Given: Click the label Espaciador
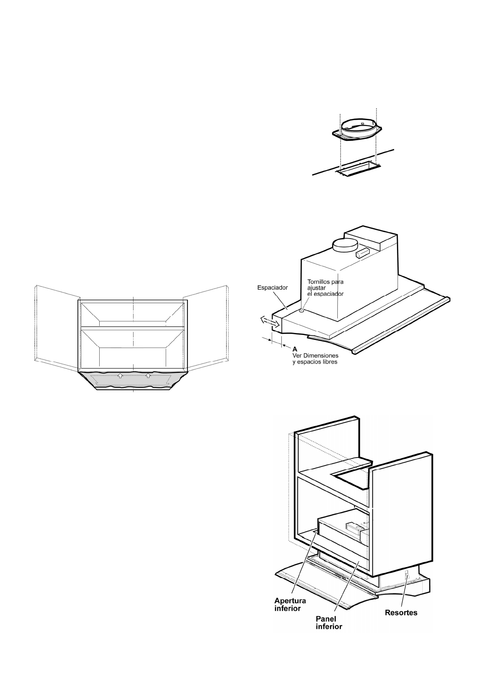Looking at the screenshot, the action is pos(272,288).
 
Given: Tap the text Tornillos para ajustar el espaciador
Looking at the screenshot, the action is pos(325,288).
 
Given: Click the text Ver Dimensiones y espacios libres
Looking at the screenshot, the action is pos(315,359).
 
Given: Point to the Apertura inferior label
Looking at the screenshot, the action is pos(290,604).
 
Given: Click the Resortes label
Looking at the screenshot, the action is pos(401,613).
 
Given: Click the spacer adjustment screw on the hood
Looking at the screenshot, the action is pos(301,311).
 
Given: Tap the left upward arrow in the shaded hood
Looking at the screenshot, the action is pos(120,375).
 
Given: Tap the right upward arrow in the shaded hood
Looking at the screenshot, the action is pos(148,375).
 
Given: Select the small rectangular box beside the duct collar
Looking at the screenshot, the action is pos(363,253).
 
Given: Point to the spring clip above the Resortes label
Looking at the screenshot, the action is pos(406,575).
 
